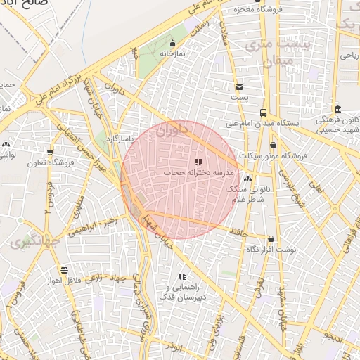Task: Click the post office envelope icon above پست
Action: [x=240, y=87]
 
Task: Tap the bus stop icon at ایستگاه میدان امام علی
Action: [x=263, y=112]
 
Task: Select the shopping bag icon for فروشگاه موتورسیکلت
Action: [x=272, y=146]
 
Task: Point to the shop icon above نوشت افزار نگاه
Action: [x=271, y=239]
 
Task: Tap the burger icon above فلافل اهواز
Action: [x=64, y=270]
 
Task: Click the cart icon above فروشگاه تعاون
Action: [x=49, y=153]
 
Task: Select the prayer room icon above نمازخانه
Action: [x=172, y=44]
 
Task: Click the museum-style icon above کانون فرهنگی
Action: [x=338, y=109]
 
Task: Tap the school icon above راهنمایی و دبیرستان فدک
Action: [x=183, y=277]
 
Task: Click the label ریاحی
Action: [x=349, y=53]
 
